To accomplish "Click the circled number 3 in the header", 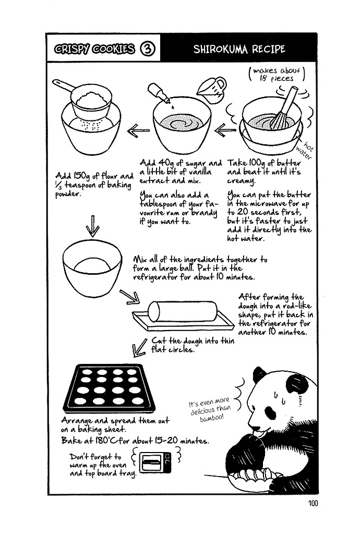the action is point(148,48).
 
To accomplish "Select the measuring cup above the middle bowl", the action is point(211,90).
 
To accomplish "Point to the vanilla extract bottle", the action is point(159,93).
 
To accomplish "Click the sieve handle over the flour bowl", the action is point(63,86).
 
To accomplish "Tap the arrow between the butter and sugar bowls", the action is point(225,130).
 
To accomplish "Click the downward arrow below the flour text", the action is point(92,226).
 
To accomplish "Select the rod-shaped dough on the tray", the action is point(183,311).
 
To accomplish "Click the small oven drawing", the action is point(155,462).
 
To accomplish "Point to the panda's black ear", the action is point(259,375).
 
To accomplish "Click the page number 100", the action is point(313,503).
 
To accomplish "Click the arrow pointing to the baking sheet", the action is point(139,347).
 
